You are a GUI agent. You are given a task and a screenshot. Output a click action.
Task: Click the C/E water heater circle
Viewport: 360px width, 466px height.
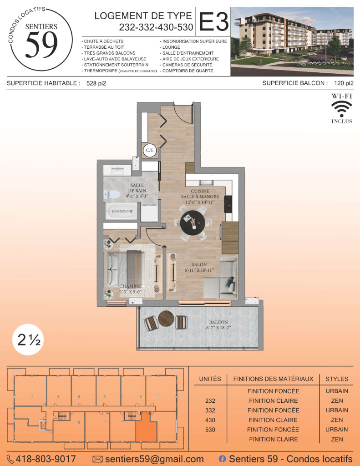click(150, 150)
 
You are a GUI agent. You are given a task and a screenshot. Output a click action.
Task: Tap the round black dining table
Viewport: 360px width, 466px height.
click(193, 223)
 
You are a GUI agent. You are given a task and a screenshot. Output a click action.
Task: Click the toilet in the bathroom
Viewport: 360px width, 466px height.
click(112, 195)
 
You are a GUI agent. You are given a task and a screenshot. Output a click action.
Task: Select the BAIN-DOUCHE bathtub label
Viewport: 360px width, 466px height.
click(122, 211)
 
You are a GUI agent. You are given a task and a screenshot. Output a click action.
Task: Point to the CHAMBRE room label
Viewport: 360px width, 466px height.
click(131, 286)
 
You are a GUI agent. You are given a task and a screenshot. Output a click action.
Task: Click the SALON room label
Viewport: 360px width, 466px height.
click(199, 264)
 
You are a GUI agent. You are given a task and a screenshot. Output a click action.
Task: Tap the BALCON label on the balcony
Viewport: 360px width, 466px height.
click(218, 322)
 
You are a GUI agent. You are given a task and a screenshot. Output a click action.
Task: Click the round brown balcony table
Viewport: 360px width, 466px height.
click(166, 319)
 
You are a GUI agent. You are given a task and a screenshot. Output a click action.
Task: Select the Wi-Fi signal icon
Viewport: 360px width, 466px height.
click(342, 109)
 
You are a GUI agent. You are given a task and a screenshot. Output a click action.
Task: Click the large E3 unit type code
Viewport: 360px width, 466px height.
click(214, 22)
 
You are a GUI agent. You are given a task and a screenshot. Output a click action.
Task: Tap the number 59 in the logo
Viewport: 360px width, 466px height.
click(41, 45)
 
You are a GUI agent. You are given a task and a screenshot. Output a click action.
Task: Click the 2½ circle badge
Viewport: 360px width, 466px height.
click(28, 339)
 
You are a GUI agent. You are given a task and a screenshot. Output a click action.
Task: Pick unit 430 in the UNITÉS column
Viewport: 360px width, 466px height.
click(210, 420)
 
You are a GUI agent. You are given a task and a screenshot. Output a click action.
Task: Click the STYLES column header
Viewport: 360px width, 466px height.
click(337, 379)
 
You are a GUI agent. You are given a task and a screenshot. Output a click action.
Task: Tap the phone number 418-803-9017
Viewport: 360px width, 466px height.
click(46, 459)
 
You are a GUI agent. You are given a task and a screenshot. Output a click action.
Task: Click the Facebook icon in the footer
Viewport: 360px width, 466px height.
click(222, 459)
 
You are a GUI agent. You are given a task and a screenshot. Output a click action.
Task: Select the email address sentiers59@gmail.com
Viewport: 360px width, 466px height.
click(154, 459)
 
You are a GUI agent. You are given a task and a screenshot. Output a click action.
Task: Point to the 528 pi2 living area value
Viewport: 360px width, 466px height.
click(96, 84)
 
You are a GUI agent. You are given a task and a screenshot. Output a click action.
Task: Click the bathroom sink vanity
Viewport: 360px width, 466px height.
click(117, 170)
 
